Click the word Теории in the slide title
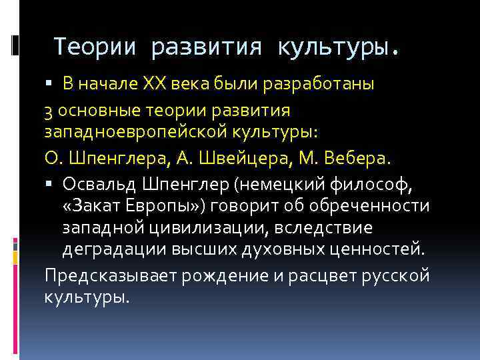tap(95, 47)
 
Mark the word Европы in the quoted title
tap(161, 206)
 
